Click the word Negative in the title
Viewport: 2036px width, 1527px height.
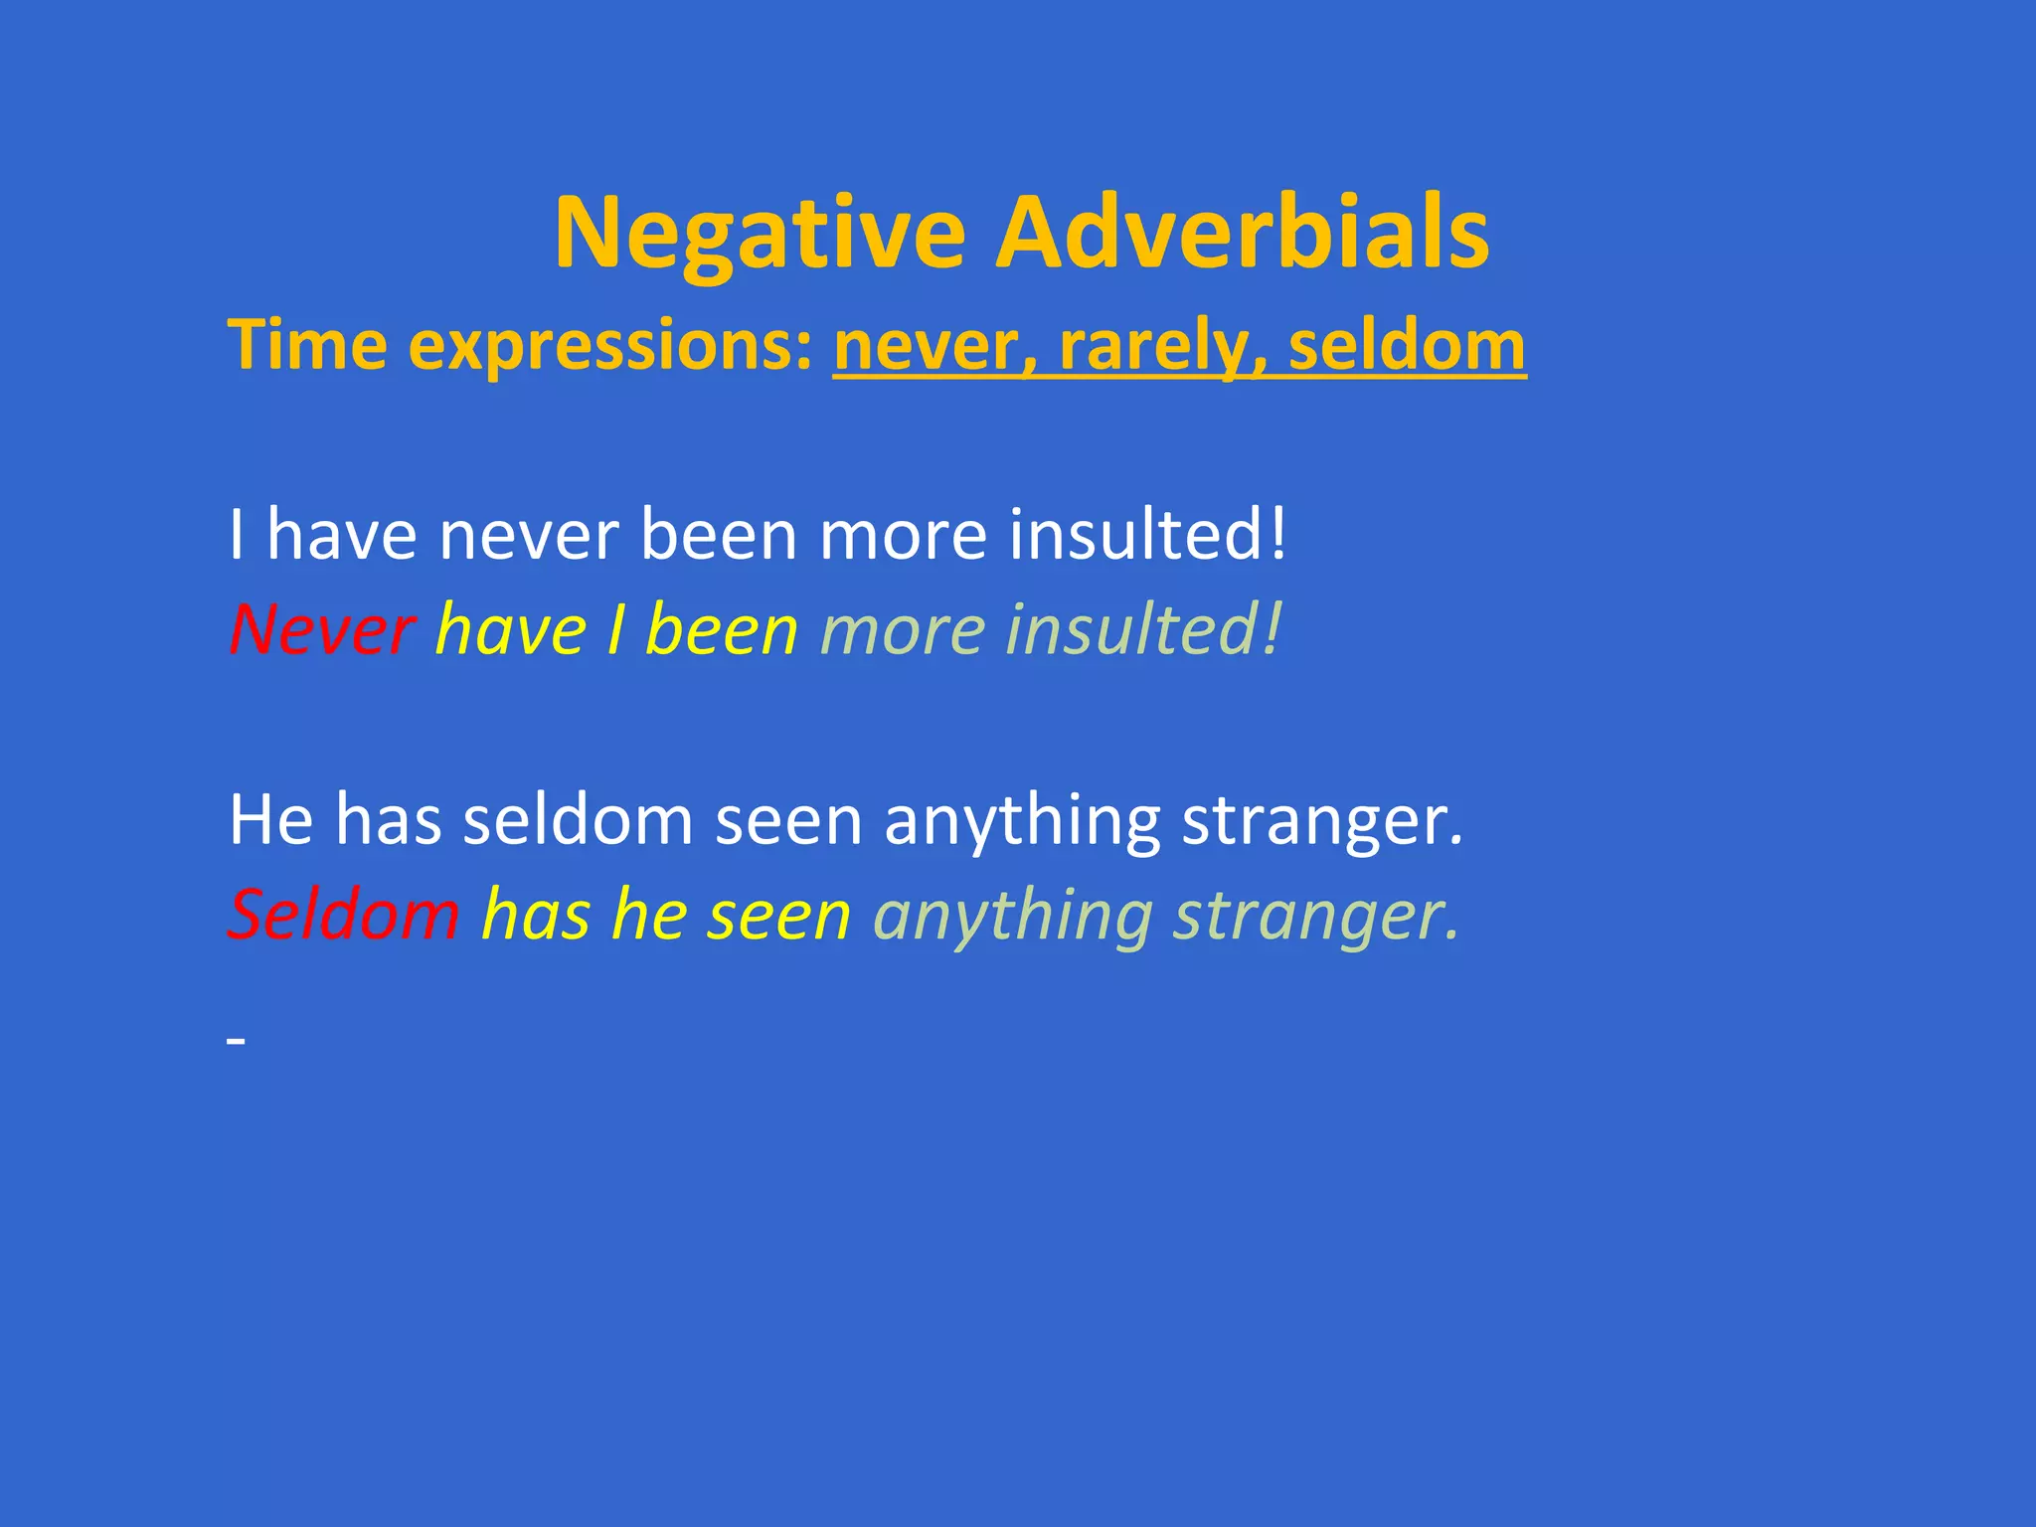760,234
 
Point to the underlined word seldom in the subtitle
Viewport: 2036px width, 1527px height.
1406,345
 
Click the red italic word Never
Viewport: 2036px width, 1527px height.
321,629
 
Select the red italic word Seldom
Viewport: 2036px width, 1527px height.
344,914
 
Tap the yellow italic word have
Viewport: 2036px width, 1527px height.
511,629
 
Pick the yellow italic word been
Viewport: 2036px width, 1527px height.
722,629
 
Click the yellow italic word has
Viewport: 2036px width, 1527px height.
536,914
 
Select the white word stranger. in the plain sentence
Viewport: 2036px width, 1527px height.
1322,821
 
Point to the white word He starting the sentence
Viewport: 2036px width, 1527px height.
271,819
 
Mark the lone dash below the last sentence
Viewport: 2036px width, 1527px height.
236,1041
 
